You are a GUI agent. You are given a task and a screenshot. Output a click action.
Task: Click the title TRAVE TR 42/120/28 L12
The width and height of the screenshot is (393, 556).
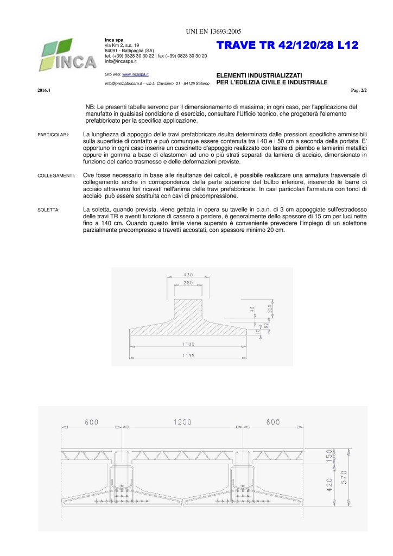(x=288, y=46)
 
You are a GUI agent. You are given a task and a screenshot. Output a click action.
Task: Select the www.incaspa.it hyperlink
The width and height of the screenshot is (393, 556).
(x=136, y=74)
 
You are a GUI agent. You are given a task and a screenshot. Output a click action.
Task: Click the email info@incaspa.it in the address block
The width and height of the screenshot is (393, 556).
(x=121, y=61)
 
